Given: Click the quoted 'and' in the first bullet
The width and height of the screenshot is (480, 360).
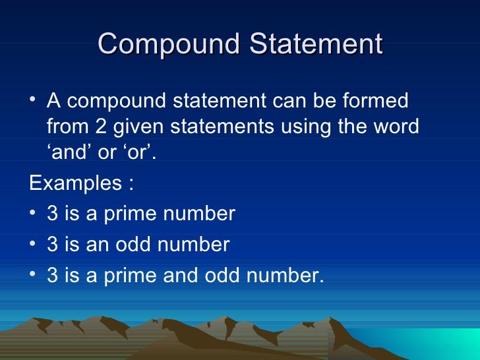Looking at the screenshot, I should point(71,151).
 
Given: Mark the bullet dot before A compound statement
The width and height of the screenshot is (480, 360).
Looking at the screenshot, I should point(34,102).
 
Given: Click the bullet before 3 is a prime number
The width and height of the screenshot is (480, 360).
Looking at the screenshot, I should point(34,214).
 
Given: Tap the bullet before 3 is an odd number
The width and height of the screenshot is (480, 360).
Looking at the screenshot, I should point(34,245).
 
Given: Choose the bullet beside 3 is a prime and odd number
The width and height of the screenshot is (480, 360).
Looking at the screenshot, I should point(34,276).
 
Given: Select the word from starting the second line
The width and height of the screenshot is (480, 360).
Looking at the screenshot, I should point(66,126).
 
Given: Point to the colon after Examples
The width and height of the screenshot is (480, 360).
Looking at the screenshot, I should point(130,183).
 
